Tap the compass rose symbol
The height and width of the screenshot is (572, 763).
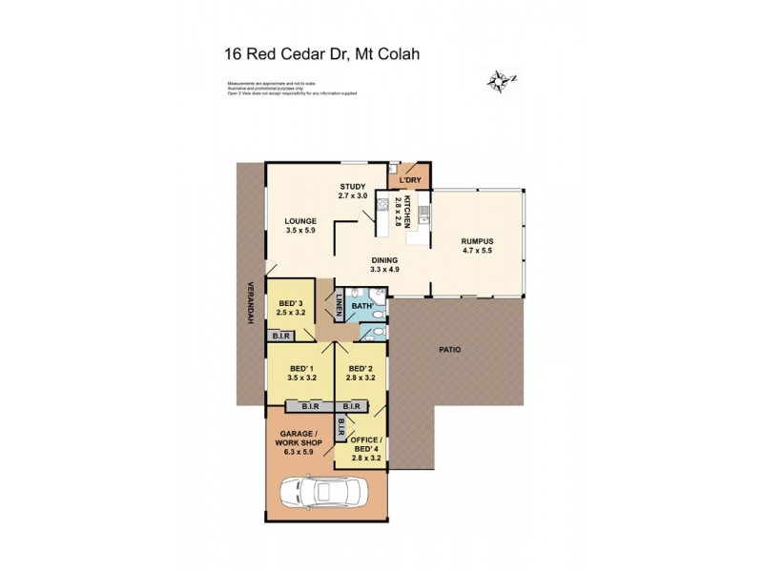(500, 81)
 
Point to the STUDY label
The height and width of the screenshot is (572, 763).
(353, 186)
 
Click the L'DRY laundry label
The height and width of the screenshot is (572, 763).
(410, 180)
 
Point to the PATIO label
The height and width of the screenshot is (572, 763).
(450, 350)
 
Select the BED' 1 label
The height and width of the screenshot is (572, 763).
(302, 369)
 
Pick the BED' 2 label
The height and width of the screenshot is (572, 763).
(361, 369)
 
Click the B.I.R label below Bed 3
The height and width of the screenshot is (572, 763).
(281, 336)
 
